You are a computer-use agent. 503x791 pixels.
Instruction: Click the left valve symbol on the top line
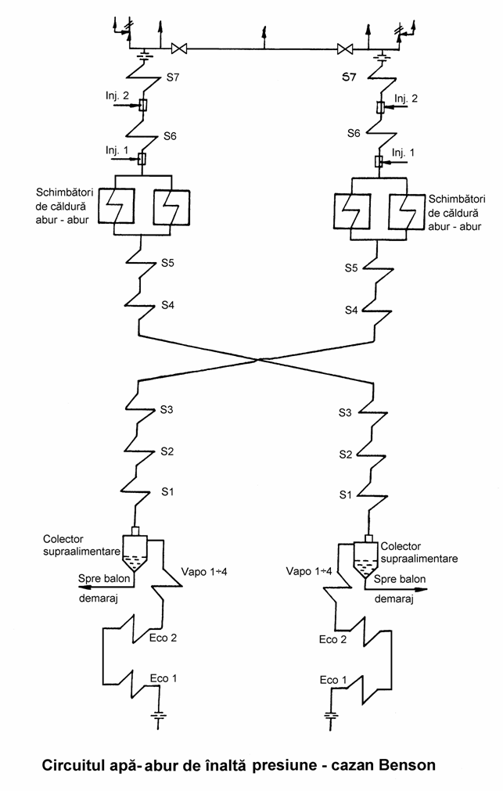point(179,49)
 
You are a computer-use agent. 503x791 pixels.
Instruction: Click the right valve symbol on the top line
point(345,49)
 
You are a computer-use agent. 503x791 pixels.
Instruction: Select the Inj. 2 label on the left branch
point(117,96)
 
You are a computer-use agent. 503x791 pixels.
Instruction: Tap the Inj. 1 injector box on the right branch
point(379,161)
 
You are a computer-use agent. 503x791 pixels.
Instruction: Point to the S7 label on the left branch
point(173,77)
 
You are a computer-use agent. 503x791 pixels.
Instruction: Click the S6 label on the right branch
point(354,133)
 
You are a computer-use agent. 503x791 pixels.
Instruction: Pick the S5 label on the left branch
point(168,263)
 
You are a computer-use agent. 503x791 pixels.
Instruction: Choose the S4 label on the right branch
point(351,310)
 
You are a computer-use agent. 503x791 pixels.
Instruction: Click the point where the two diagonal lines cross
point(259,360)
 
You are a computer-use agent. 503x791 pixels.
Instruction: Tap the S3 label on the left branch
point(167,409)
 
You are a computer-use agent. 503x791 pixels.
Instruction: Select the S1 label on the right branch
point(345,495)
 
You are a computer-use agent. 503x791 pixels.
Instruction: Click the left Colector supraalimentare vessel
point(135,555)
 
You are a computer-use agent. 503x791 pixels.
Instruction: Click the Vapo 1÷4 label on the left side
point(204,572)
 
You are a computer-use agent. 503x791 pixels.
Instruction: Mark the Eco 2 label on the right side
point(332,639)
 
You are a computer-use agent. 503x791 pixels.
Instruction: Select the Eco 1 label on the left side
point(163,678)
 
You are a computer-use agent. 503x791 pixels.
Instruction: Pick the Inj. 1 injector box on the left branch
point(142,160)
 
